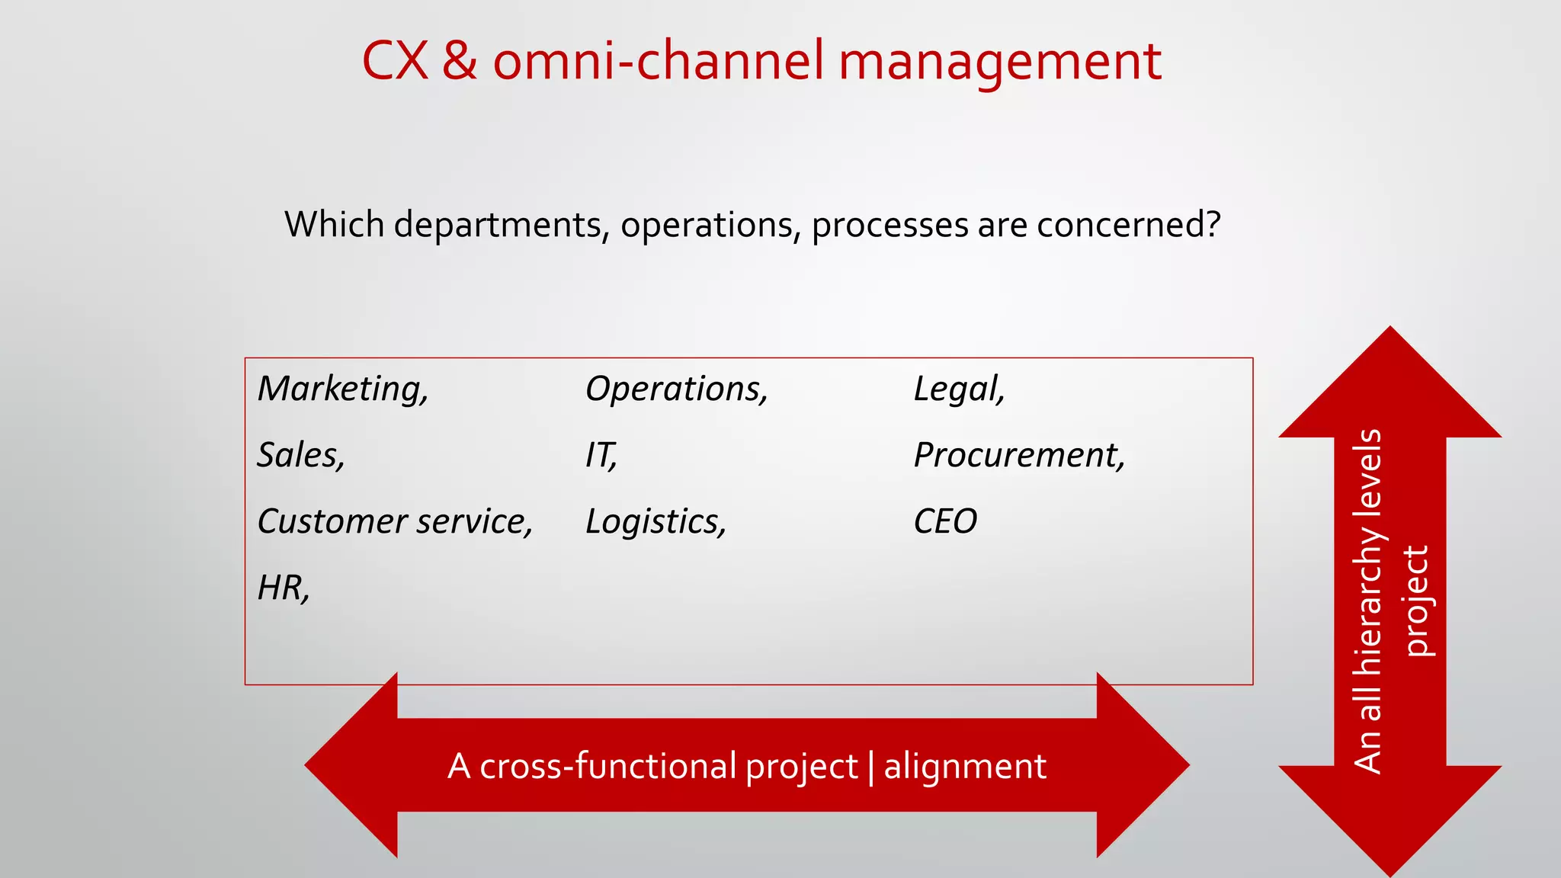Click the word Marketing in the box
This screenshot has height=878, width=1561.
point(342,389)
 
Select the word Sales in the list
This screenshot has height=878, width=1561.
point(300,456)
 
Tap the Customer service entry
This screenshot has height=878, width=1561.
point(394,522)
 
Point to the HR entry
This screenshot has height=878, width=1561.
point(283,588)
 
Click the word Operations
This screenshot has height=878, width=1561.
point(675,389)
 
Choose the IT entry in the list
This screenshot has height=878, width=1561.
point(600,456)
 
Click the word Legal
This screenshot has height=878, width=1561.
point(958,389)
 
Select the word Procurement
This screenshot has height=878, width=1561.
point(1018,456)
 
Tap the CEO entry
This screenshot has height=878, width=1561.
point(944,522)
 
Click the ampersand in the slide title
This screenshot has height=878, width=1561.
point(460,61)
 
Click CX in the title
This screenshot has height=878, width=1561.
point(394,61)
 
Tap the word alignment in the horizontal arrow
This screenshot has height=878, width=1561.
point(965,766)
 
